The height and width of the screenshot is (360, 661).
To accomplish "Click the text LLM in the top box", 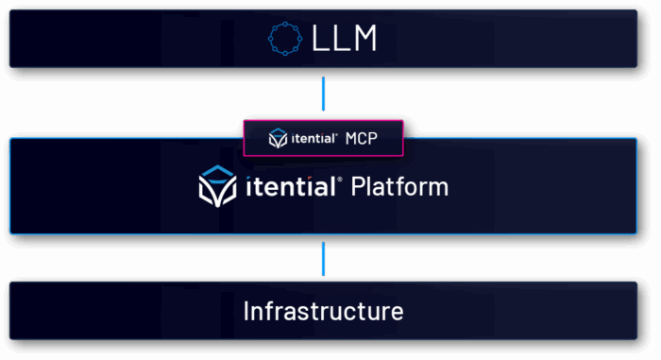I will pos(344,39).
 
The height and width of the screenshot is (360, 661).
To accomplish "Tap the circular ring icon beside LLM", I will pos(285,39).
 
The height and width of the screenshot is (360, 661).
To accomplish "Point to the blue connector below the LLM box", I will pos(323,94).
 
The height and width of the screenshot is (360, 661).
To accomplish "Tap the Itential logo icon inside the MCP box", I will pos(278,138).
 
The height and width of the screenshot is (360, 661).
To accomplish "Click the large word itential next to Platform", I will pos(295,187).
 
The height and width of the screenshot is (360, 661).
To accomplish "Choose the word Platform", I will pos(399,187).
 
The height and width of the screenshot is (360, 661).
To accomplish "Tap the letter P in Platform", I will pos(357,187).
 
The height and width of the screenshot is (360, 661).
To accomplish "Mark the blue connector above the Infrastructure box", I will pos(323,257).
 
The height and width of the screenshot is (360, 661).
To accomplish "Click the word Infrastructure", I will pos(323,311).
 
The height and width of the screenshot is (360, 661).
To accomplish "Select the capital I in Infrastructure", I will pos(246,311).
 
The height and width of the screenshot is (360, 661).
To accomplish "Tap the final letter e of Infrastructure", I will pos(398,313).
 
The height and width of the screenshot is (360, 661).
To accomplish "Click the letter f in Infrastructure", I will pos(268,311).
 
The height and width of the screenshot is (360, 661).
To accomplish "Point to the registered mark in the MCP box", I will pos(336,134).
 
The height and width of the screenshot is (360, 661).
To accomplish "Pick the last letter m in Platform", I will pos(437,189).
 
